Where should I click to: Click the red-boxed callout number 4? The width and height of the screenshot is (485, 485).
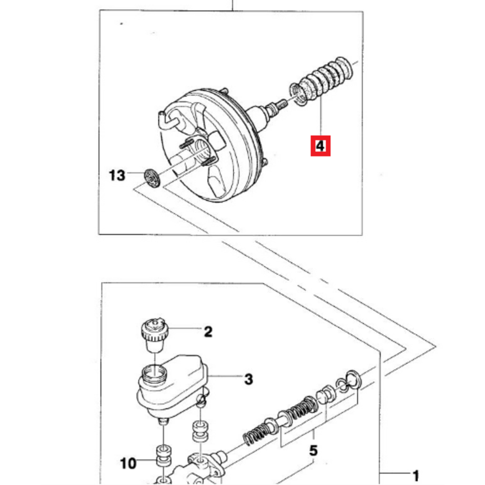321,145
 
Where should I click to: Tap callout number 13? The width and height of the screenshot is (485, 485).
117,175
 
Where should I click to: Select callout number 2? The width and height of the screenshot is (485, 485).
208,332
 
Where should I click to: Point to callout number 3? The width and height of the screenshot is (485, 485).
249,379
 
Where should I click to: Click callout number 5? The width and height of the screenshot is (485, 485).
313,451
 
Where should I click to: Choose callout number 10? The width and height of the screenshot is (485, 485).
128,463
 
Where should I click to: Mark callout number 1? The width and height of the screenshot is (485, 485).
416,475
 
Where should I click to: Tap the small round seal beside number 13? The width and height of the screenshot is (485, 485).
152,178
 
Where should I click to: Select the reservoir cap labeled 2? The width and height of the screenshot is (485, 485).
154,336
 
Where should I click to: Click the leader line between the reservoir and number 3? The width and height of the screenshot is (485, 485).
226,376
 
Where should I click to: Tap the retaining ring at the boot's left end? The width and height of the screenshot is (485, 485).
298,94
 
